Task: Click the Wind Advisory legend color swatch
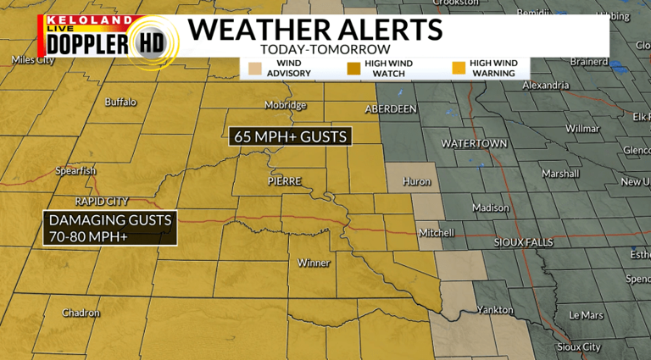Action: pyautogui.click(x=254, y=68)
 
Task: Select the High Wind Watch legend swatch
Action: pyautogui.click(x=353, y=68)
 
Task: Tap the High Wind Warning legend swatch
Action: pyautogui.click(x=459, y=68)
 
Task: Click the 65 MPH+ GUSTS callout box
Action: pyautogui.click(x=290, y=136)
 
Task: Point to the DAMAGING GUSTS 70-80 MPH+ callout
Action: pyautogui.click(x=110, y=228)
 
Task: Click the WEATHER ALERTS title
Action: pyautogui.click(x=314, y=29)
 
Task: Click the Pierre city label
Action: pyautogui.click(x=284, y=181)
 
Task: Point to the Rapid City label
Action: pyautogui.click(x=102, y=202)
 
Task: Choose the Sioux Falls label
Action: pyautogui.click(x=523, y=242)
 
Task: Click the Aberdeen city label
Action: pyautogui.click(x=391, y=109)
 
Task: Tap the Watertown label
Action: pyautogui.click(x=473, y=143)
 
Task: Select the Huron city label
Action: pyautogui.click(x=417, y=181)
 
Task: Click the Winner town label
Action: pyautogui.click(x=314, y=263)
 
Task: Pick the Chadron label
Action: pyautogui.click(x=81, y=313)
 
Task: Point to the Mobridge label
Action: pyautogui.click(x=285, y=105)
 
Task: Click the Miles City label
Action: pyautogui.click(x=34, y=59)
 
